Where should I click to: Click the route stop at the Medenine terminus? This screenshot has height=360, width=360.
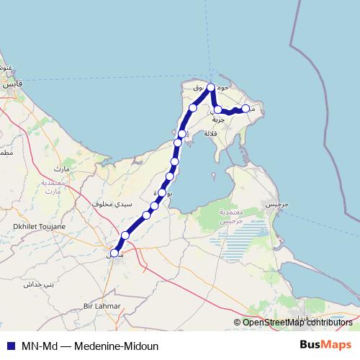pyautogui.click(x=114, y=253)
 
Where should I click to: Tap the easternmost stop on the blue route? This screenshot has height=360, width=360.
pyautogui.click(x=246, y=108)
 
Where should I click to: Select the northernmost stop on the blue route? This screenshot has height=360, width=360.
pyautogui.click(x=211, y=87)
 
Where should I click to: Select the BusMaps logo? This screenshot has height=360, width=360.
pyautogui.click(x=325, y=345)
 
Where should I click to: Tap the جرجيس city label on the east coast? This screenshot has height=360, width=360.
pyautogui.click(x=277, y=204)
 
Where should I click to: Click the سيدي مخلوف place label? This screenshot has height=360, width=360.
pyautogui.click(x=113, y=204)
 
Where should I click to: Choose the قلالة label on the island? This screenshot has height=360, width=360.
pyautogui.click(x=211, y=133)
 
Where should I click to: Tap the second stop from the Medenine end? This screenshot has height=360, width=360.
pyautogui.click(x=125, y=235)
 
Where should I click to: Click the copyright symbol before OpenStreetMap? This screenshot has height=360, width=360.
pyautogui.click(x=238, y=322)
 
